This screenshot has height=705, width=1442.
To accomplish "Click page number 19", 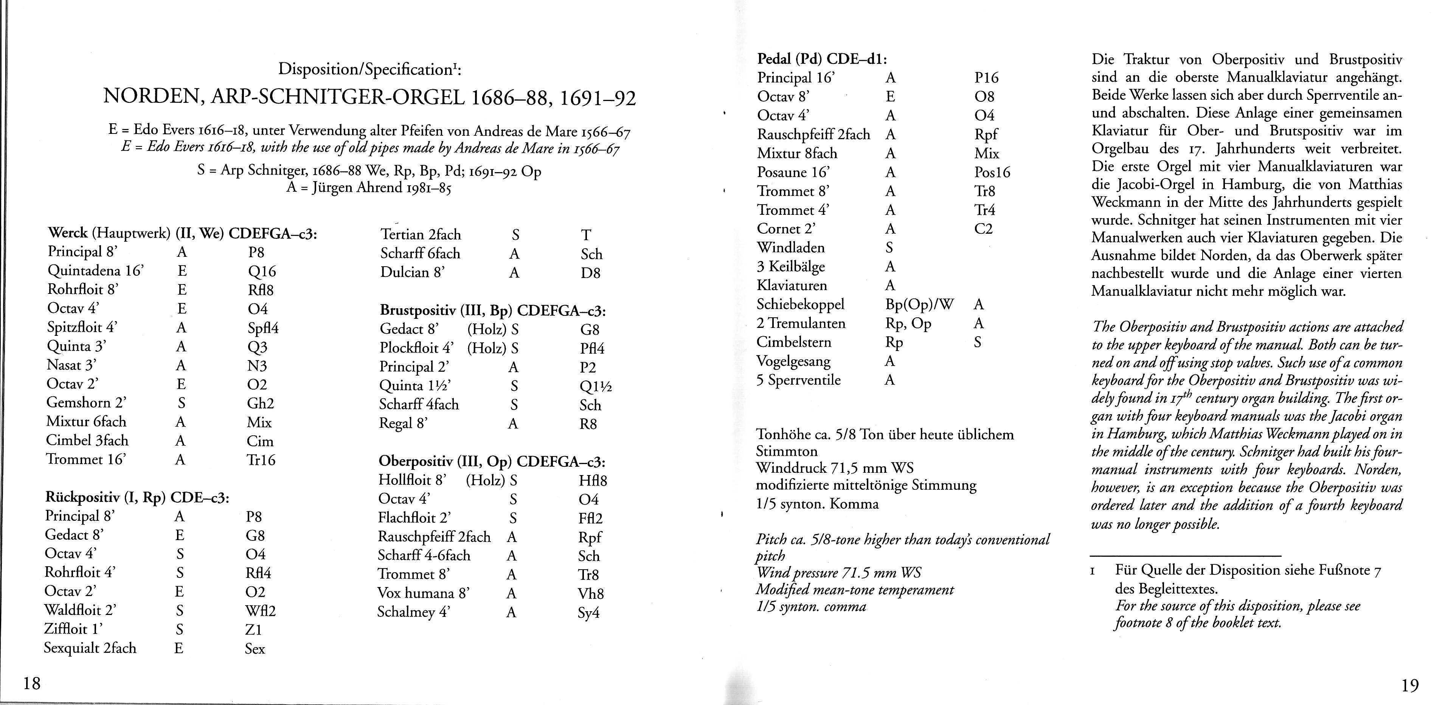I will [x=1409, y=685].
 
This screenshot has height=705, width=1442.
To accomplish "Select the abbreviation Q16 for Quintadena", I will [x=261, y=272].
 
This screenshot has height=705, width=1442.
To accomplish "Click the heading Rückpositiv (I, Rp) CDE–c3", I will [x=137, y=497].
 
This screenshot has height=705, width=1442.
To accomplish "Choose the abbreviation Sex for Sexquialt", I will [x=255, y=649].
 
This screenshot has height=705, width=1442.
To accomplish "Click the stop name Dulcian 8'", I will [x=413, y=272].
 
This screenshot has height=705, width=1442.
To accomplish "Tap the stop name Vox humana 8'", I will [x=423, y=593].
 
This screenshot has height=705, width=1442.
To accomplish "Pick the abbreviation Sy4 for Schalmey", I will [x=588, y=613].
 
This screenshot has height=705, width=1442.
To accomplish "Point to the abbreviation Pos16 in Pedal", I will [x=992, y=172].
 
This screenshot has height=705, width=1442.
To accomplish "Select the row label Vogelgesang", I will [x=793, y=361].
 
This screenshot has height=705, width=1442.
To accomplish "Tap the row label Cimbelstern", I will [x=794, y=342].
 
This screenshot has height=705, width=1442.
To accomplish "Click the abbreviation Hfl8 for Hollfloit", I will [x=593, y=480].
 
